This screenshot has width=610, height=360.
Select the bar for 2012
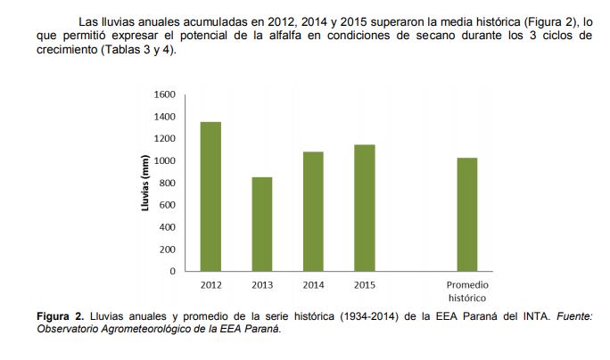click(x=210, y=196)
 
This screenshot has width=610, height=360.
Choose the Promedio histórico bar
click(x=467, y=214)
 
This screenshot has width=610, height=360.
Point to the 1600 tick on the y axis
click(x=165, y=94)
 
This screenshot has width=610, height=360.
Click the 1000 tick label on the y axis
click(x=165, y=160)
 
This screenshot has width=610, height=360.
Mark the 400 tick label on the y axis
click(x=167, y=227)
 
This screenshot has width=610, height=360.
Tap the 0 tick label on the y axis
click(x=173, y=271)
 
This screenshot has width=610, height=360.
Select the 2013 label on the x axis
click(x=261, y=285)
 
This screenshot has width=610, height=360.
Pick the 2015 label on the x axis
click(x=364, y=285)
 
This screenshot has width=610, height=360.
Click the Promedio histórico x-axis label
click(x=467, y=291)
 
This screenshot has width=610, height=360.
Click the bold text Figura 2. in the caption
click(x=60, y=316)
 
